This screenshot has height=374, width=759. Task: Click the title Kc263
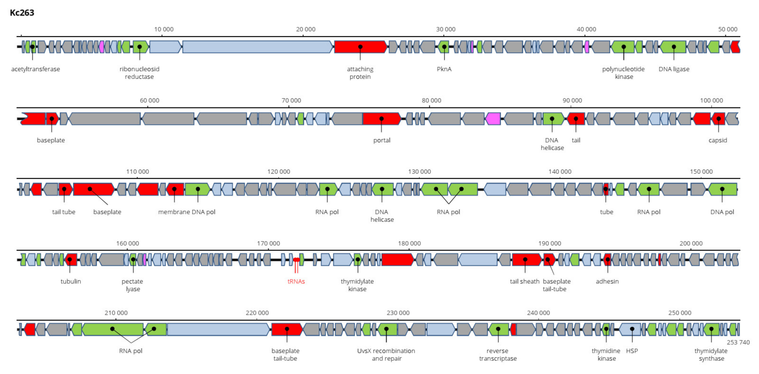(22, 13)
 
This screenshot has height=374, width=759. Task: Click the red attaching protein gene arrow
(360, 47)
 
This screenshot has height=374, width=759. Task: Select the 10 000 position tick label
(164, 29)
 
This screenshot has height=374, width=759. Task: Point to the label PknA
(444, 69)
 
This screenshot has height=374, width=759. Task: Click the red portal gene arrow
(381, 119)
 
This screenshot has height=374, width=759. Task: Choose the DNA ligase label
(674, 69)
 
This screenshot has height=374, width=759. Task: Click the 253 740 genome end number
(738, 342)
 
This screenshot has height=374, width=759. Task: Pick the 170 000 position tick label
(268, 243)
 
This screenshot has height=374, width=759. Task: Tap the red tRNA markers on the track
(296, 260)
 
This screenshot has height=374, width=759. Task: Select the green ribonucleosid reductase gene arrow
(140, 47)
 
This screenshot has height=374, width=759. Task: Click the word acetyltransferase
(35, 69)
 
